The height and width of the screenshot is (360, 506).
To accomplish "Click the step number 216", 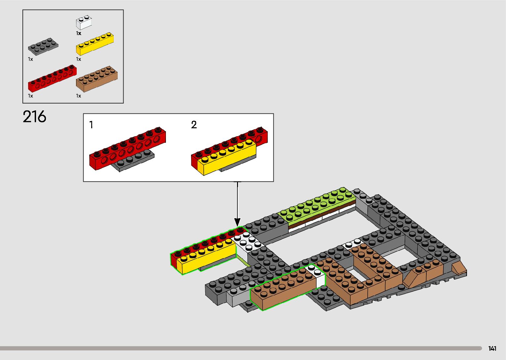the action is coord(34,117).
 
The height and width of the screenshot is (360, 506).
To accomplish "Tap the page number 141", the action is coord(492,348).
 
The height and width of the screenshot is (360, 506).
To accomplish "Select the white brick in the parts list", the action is coord(84,23).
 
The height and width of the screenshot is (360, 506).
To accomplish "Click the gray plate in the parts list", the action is coord(43,46).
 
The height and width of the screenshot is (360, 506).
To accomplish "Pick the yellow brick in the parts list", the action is coord(95,44).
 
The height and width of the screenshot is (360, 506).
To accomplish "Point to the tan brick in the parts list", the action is coord(97,79).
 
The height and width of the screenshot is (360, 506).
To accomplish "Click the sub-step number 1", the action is coord(91,125).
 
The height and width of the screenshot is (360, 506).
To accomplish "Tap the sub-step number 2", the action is coord(194,125).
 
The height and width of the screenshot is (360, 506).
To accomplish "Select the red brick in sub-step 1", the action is coord(127,150).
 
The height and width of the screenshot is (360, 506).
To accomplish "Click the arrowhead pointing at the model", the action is coord(237,222).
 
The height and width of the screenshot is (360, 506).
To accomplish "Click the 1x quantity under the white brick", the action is coord(79,33).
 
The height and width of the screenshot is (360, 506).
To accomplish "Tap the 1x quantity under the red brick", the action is coord(30,96).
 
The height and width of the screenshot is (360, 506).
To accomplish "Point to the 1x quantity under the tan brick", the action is coord(79,96).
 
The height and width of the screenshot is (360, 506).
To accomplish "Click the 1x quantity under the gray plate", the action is coord(30,59).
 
